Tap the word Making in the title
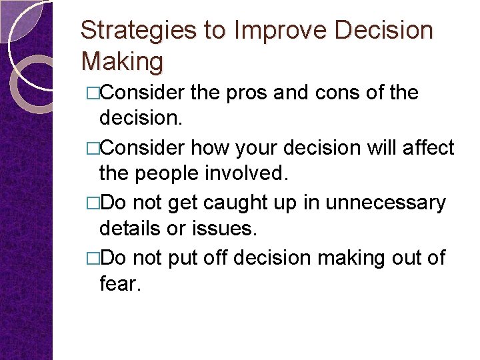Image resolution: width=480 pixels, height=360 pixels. pos(122,62)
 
